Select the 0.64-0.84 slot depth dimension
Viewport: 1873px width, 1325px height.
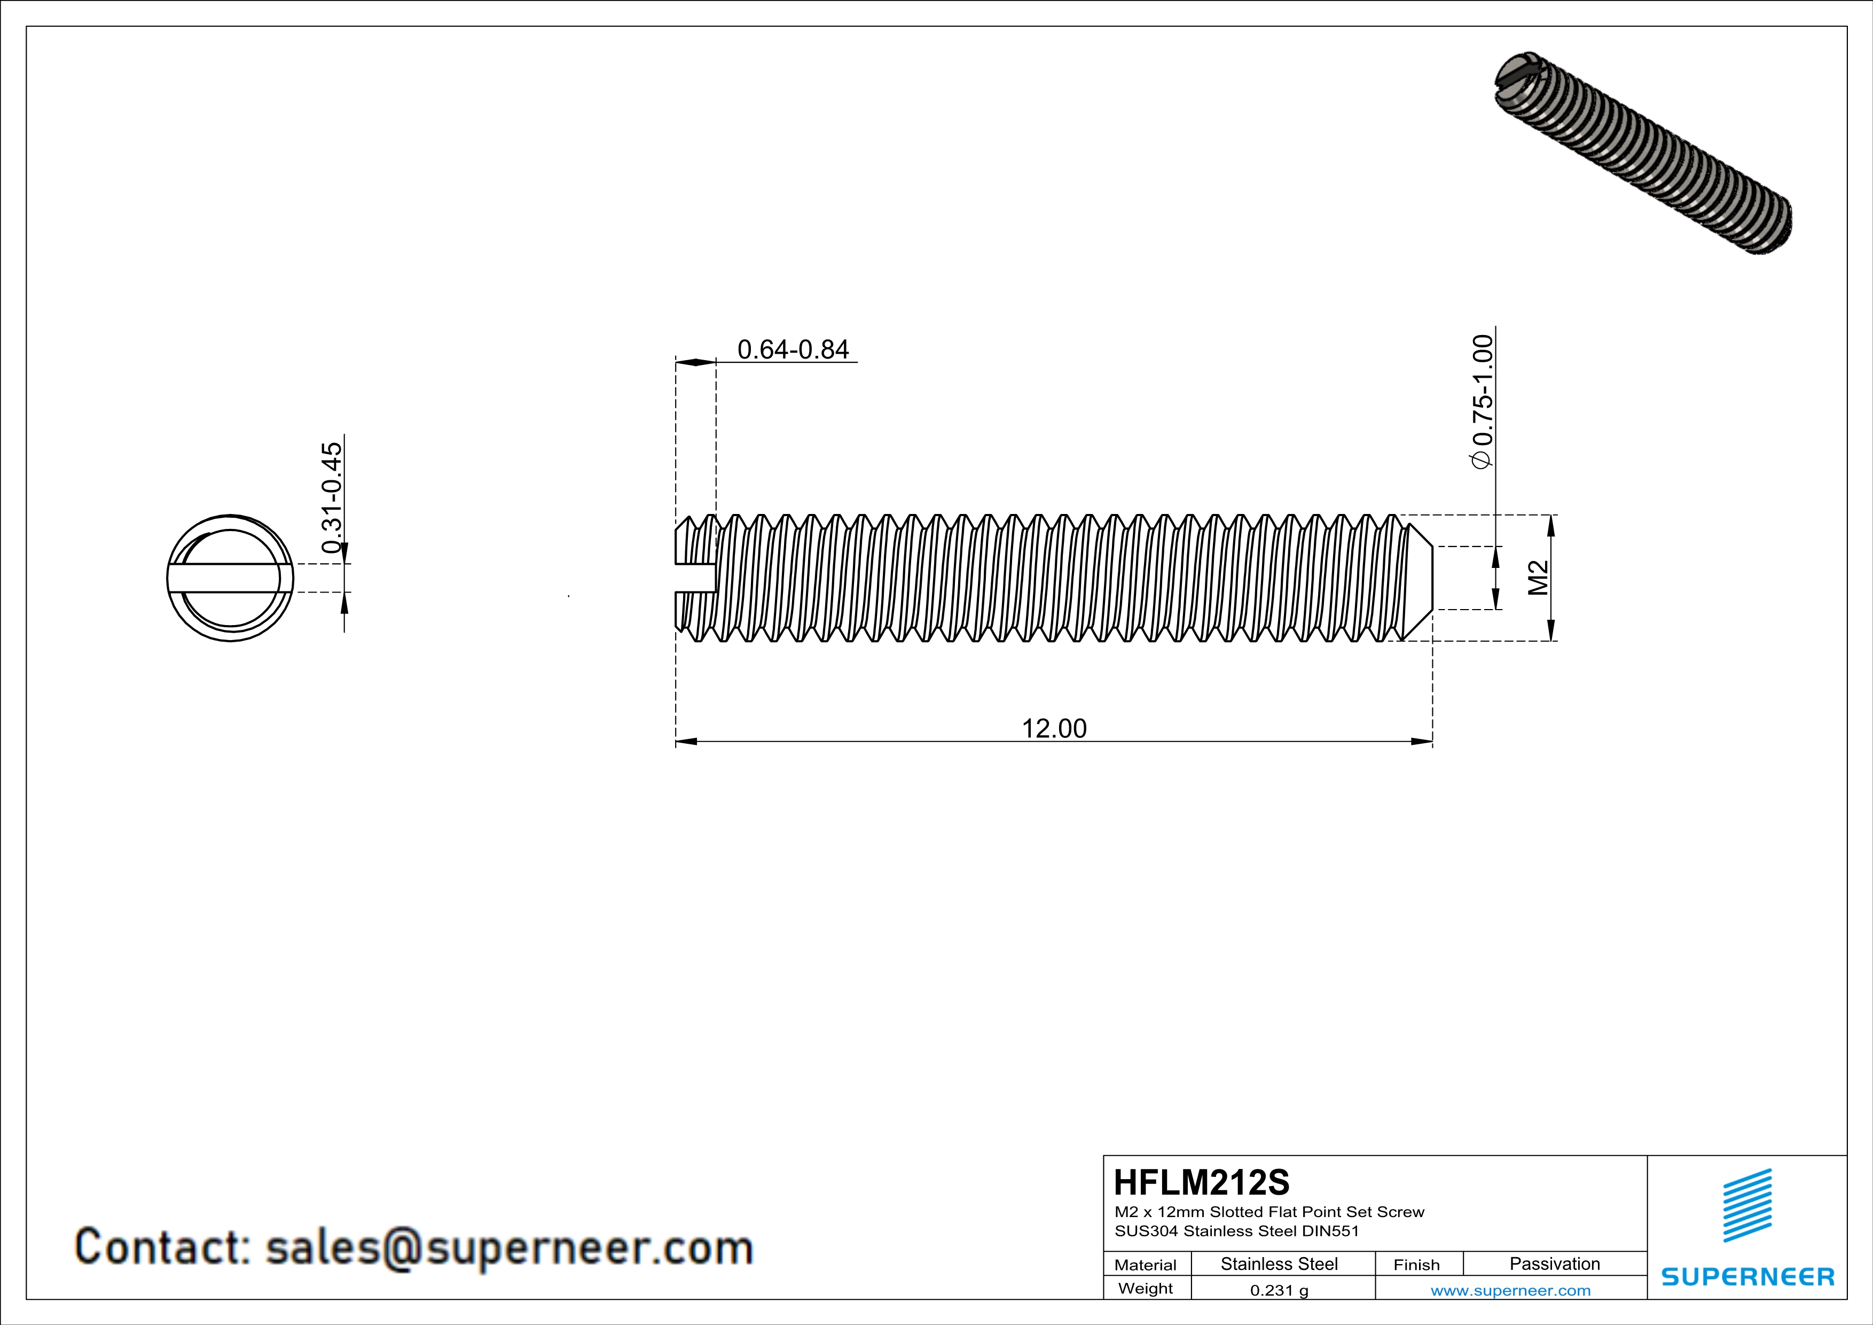click(x=793, y=349)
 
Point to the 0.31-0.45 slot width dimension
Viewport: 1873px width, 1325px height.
click(x=332, y=498)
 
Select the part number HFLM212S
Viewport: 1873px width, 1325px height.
click(x=1201, y=1182)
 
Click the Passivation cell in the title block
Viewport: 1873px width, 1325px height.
click(x=1554, y=1264)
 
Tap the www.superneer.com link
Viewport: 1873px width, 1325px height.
click(x=1510, y=1290)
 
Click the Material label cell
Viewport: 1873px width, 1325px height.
click(x=1146, y=1265)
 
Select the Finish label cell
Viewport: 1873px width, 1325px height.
click(x=1416, y=1265)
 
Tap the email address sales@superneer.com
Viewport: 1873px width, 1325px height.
click(x=509, y=1248)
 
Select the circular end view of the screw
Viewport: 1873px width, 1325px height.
click(x=230, y=578)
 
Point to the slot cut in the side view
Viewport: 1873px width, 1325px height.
click(x=696, y=578)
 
